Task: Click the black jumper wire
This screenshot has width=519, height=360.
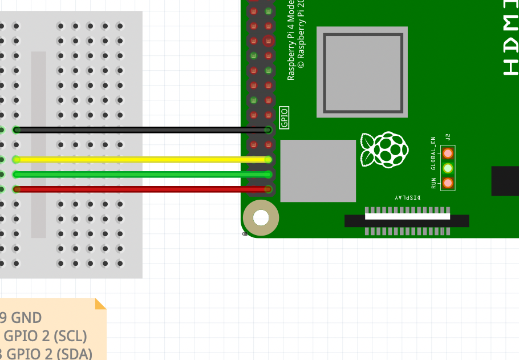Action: pos(143,130)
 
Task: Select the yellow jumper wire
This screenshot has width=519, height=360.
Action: pos(143,160)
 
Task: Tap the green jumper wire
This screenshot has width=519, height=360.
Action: pos(143,174)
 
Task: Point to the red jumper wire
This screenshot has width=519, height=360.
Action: pos(143,189)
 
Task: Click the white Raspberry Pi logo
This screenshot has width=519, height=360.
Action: pos(384,150)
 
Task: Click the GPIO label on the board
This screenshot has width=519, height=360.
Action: pos(284,118)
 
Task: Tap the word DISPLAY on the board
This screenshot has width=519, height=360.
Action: pos(408,197)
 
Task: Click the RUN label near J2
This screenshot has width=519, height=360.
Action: pos(433,183)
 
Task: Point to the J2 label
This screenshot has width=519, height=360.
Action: pos(448,137)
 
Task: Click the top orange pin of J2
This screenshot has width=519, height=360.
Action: pos(448,153)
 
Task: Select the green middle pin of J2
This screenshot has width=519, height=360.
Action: pos(448,168)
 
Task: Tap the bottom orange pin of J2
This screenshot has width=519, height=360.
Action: pos(448,183)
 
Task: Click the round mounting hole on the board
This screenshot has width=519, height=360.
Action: pos(261,218)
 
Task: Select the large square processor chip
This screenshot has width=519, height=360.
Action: pos(363,72)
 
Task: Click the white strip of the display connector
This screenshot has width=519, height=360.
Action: pos(407,216)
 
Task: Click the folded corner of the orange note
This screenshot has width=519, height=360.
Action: pos(100,304)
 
